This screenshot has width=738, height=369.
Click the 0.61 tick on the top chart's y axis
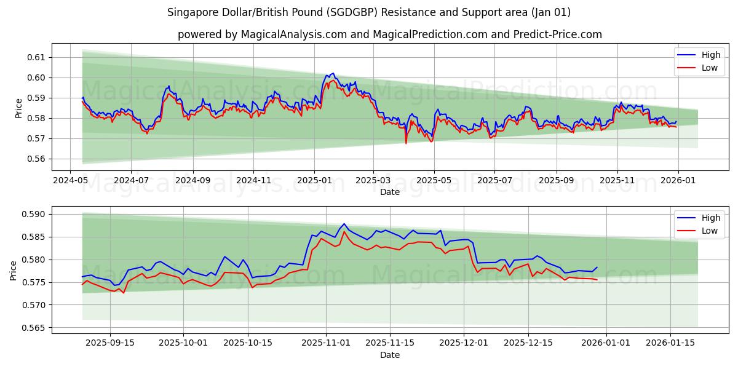point(38,57)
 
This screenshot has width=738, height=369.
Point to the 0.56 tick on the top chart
point(38,159)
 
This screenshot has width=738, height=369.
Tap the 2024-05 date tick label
point(69,180)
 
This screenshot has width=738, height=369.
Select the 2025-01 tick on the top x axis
point(314,180)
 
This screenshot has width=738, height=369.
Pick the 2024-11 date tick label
point(253,180)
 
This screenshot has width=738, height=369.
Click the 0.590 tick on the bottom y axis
point(35,214)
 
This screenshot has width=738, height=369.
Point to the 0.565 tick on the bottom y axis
point(35,328)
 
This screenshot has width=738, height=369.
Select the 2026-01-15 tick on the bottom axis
point(670,343)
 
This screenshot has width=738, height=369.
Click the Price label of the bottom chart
point(14,270)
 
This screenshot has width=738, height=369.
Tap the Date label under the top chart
point(389,192)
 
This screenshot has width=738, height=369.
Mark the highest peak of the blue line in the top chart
point(333,73)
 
